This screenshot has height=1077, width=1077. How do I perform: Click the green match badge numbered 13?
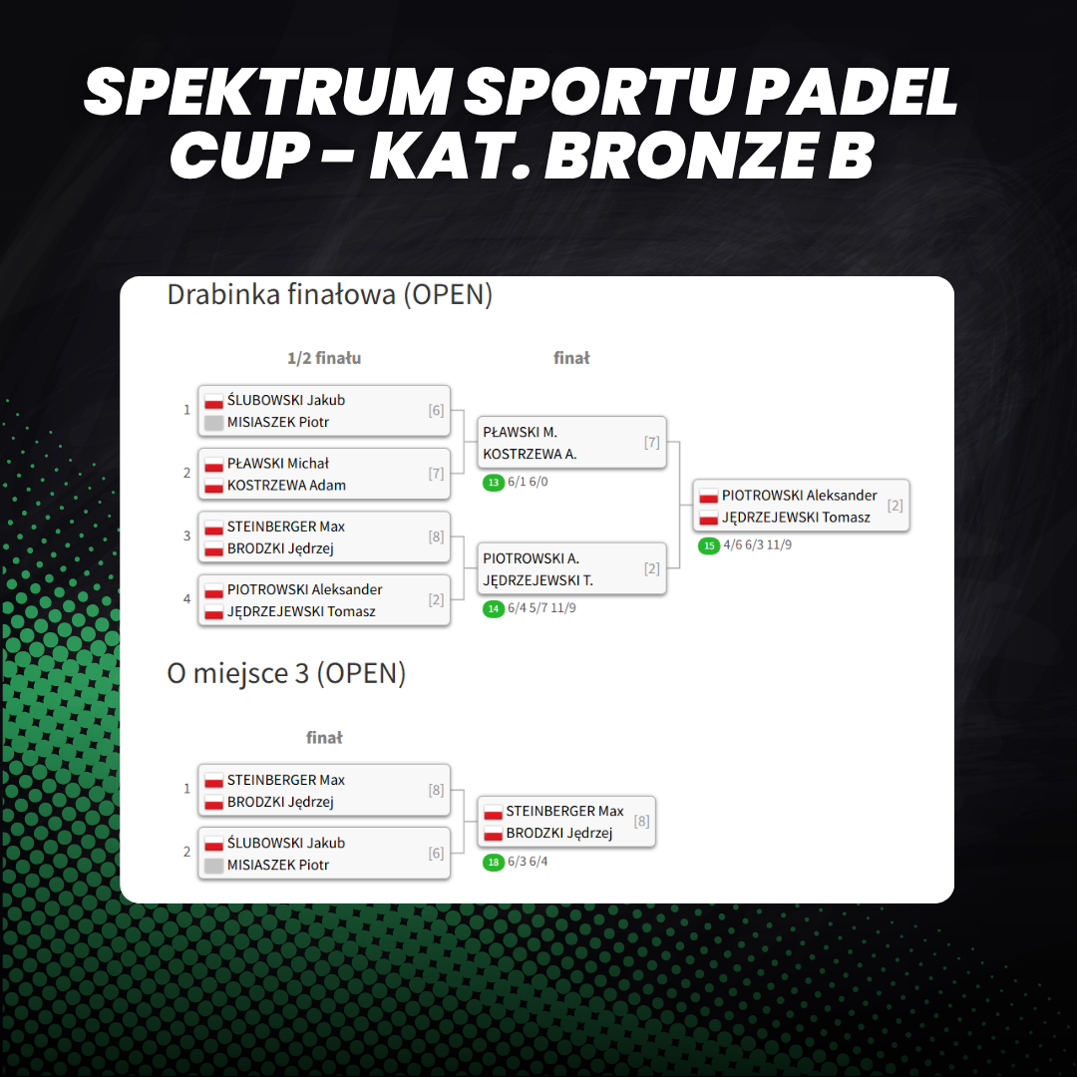tap(494, 483)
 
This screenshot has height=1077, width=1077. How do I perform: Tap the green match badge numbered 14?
tap(494, 609)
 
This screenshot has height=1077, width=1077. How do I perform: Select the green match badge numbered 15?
tap(709, 546)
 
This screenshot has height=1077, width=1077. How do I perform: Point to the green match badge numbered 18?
tap(494, 862)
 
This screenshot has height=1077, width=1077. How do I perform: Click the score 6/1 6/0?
tap(528, 483)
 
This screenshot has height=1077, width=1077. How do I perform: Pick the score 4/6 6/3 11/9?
tap(757, 545)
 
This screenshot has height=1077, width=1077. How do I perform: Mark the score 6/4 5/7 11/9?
tap(541, 608)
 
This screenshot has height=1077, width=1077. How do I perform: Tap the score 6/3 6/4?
tap(528, 862)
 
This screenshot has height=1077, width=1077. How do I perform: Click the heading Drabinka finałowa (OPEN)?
tap(330, 295)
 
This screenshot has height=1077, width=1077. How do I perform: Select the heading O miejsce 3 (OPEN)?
tap(286, 674)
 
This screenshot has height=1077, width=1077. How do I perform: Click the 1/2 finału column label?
tap(324, 358)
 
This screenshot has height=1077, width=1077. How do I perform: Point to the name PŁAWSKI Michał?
tap(278, 464)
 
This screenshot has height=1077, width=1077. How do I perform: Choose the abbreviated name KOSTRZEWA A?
tap(530, 454)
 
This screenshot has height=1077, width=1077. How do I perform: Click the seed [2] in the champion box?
tap(895, 506)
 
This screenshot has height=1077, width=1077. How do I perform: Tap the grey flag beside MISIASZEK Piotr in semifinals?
tap(214, 423)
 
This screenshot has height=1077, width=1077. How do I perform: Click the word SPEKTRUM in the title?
tap(267, 92)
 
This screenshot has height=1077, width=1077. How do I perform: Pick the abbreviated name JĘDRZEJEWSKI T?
tap(538, 581)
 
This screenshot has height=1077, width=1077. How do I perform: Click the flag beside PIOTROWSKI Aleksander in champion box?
tap(709, 497)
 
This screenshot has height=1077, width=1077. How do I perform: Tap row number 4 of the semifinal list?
tap(186, 599)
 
